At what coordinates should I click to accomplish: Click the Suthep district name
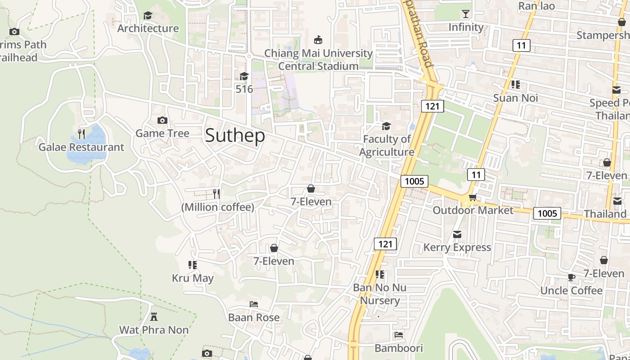point(235,135)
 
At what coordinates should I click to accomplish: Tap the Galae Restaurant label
point(81,147)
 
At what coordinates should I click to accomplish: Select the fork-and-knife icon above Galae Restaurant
point(81,134)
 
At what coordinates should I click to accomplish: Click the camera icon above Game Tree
point(162,120)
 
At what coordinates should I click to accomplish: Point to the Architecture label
point(148,28)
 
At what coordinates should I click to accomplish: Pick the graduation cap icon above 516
point(244,76)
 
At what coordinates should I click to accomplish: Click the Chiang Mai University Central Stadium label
point(318,59)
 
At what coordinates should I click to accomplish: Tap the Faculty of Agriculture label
point(387,145)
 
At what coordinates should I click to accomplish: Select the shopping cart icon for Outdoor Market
point(472,197)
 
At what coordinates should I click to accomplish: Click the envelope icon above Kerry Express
point(457,234)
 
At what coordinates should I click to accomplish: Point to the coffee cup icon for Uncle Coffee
point(571,277)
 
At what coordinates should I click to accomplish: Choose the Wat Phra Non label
point(154,330)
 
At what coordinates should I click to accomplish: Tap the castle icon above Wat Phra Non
point(154,317)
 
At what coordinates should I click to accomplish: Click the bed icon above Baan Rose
point(254,304)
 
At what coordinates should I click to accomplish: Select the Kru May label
point(193,278)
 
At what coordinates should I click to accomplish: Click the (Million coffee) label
point(218,207)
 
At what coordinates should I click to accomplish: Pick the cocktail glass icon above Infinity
point(466,14)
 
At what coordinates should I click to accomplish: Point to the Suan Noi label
point(516,98)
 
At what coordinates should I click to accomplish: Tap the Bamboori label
point(399,348)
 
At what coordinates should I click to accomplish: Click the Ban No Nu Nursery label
point(380,294)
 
